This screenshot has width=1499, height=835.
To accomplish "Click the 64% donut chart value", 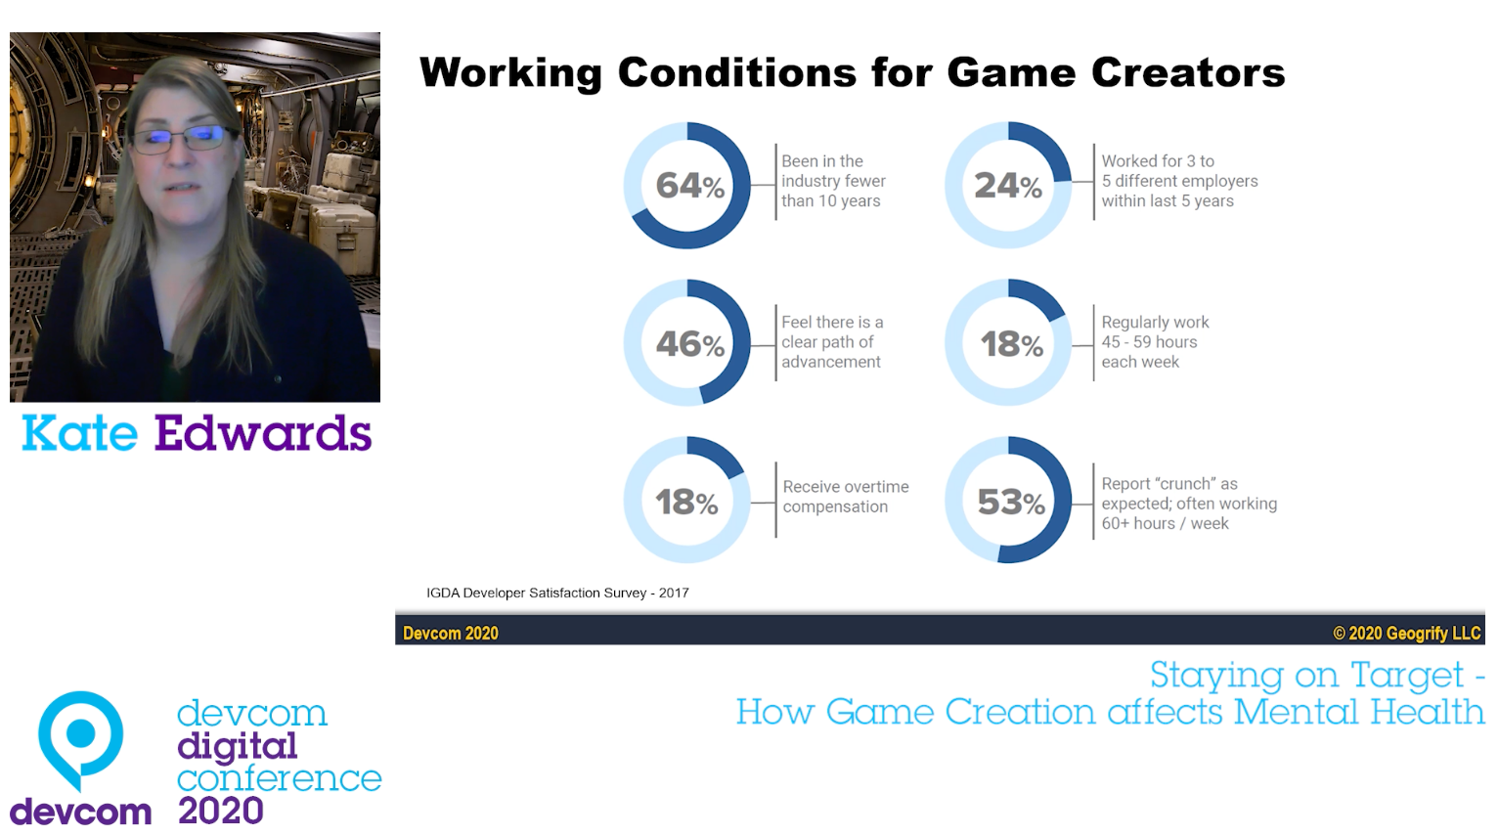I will tap(689, 186).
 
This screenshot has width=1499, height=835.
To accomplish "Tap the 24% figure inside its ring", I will tap(1008, 186).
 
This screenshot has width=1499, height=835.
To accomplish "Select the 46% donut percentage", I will tap(689, 344).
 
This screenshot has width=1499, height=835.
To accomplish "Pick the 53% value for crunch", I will tap(1011, 503).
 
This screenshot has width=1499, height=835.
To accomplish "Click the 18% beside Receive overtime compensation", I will tap(686, 503).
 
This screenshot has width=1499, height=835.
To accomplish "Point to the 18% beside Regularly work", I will tap(1011, 344).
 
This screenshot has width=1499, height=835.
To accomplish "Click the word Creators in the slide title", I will tap(1187, 73).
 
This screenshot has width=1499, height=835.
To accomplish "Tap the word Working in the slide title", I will tap(510, 73).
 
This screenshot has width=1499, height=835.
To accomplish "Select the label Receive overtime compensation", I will tap(845, 497).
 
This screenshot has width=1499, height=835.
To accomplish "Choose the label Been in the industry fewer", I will tap(832, 171).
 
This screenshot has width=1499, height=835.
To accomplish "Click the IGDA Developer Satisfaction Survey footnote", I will tap(557, 593).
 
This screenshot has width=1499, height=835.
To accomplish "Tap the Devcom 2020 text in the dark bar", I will tap(451, 634).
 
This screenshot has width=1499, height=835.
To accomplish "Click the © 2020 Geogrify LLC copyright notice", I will tap(1406, 634).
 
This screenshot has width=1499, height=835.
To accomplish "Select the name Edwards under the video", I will tap(263, 433).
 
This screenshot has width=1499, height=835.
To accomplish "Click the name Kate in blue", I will tap(79, 433).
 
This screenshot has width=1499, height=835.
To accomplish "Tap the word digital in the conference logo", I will tap(237, 746).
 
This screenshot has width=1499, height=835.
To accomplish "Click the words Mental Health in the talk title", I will tap(1358, 712).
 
